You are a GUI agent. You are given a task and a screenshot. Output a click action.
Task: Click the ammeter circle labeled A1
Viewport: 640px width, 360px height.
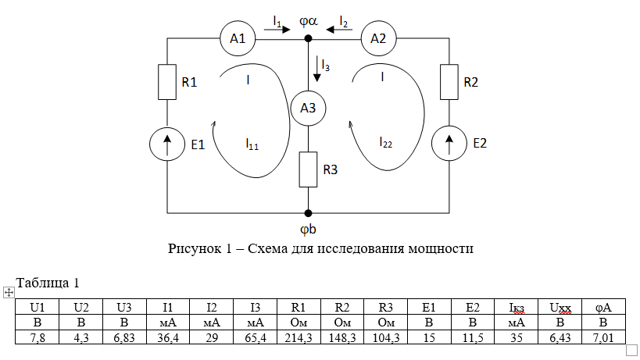[238, 38]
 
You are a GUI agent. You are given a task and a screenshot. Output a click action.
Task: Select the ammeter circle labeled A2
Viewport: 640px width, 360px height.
[378, 38]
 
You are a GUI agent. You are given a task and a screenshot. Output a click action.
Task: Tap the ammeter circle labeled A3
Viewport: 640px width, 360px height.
[308, 109]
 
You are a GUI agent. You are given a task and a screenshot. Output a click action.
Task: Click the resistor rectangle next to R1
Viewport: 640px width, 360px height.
[167, 82]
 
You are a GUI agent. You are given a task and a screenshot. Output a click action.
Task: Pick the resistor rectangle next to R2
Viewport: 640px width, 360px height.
[449, 82]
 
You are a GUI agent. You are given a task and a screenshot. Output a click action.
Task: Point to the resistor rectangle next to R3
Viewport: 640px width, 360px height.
[308, 169]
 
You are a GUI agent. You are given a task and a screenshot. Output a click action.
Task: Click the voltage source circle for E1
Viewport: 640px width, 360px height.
[167, 144]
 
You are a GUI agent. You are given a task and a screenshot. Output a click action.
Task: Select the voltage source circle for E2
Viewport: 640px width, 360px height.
[449, 144]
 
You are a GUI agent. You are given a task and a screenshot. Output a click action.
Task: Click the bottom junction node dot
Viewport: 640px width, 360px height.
[308, 212]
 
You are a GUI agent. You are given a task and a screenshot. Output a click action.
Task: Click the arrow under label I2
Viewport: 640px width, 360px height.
[340, 30]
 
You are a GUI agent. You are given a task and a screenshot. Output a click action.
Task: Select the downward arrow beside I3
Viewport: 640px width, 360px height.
[316, 69]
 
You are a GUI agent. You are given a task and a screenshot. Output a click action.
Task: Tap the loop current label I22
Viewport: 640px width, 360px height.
[385, 142]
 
